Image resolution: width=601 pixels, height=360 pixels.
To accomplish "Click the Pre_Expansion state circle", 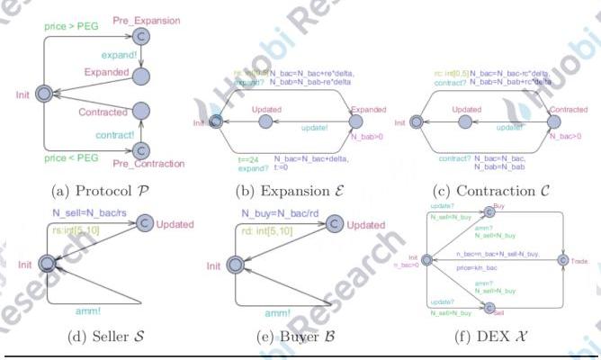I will coord(140,35).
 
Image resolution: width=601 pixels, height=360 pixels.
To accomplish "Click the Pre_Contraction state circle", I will coord(140,149).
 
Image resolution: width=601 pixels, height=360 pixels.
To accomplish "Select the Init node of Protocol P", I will coord(42,94).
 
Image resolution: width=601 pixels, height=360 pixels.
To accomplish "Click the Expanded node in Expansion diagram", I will coord(355,121).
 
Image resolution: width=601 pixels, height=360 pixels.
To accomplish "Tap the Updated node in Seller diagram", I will coord(143,225).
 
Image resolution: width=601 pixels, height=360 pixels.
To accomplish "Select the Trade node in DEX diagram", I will coord(563,260).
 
